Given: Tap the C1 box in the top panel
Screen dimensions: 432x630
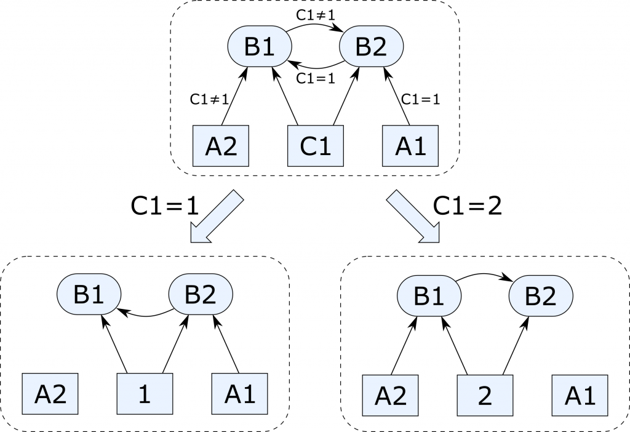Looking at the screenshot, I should [315, 145].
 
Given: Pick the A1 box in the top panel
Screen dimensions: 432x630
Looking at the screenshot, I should [410, 145].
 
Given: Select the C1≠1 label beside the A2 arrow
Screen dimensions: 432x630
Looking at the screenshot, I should [209, 98].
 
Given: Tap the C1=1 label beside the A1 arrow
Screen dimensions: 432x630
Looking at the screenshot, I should [421, 98].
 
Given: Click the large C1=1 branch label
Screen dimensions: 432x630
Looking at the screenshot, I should [165, 206].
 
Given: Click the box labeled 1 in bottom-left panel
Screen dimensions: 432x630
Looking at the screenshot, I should [145, 394].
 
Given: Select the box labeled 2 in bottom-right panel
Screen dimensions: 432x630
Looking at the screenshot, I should [484, 394].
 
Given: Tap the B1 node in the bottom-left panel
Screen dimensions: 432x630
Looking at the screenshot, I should [89, 295].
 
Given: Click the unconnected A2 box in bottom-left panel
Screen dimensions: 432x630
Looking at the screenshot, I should [50, 394].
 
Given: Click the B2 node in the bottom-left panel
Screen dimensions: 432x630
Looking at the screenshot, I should [201, 295].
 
